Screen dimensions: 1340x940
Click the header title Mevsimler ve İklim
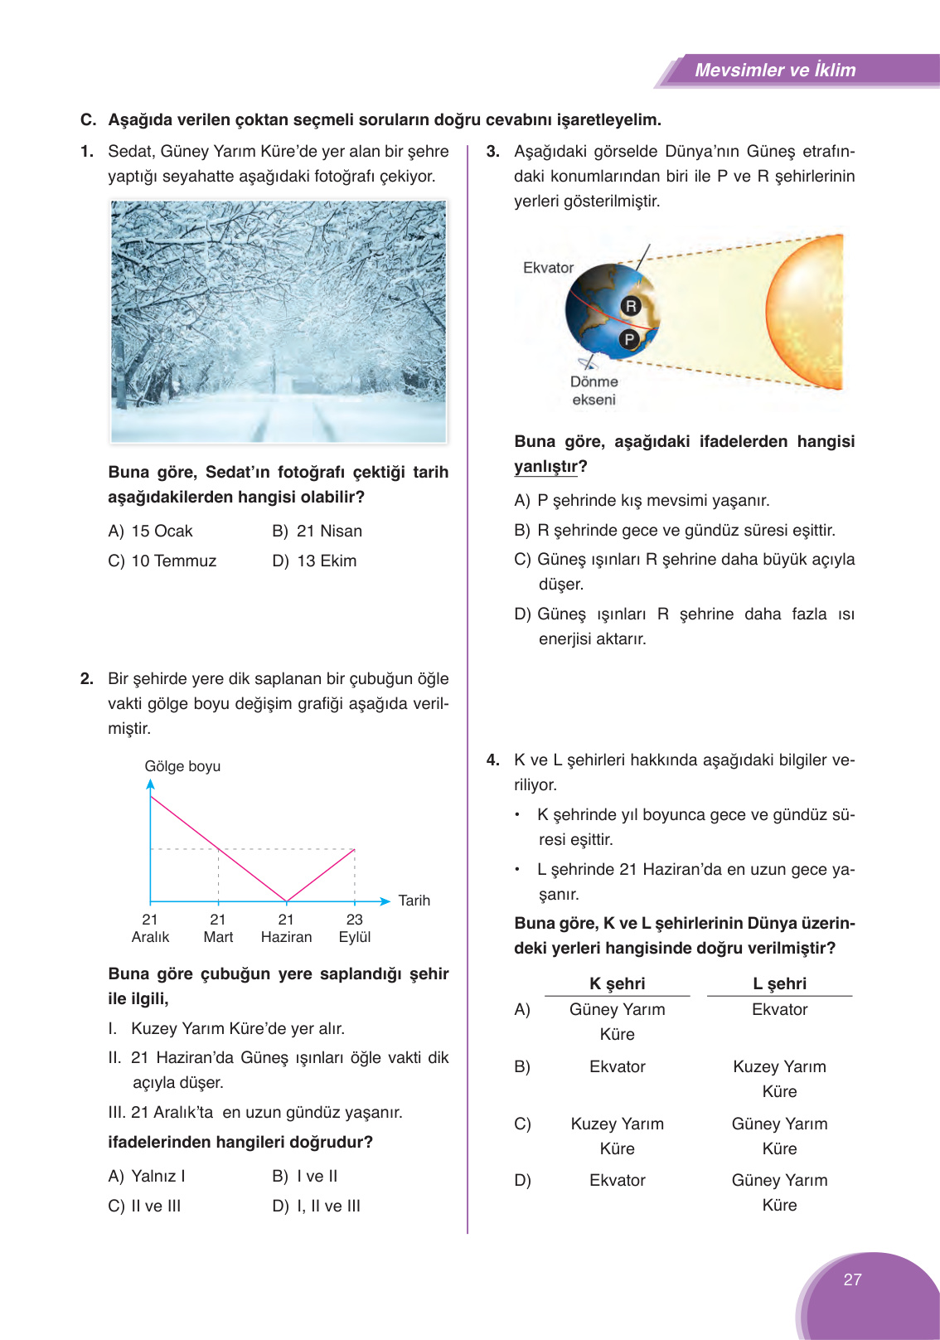click(x=775, y=70)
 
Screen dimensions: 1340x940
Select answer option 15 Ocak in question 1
click(x=161, y=532)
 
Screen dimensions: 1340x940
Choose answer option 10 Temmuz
click(x=172, y=561)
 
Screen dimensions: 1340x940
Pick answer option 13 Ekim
click(x=326, y=561)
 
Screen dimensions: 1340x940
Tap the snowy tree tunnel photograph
click(x=279, y=322)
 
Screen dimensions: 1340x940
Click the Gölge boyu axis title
click(x=182, y=766)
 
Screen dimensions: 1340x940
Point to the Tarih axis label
click(x=414, y=901)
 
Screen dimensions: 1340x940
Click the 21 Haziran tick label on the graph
click(x=286, y=929)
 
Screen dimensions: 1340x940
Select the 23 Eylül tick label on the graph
click(x=355, y=929)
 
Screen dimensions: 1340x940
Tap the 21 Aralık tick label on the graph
click(x=150, y=929)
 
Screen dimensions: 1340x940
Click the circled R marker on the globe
click(x=631, y=306)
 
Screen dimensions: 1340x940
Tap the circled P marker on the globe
click(x=629, y=338)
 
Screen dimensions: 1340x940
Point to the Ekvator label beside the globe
click(x=548, y=268)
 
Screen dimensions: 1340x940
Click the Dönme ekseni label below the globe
click(x=594, y=391)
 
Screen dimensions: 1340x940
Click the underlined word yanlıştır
click(x=545, y=467)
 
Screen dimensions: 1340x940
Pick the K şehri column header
click(x=617, y=983)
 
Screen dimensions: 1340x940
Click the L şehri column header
click(x=779, y=983)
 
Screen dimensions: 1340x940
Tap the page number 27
click(x=852, y=1279)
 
